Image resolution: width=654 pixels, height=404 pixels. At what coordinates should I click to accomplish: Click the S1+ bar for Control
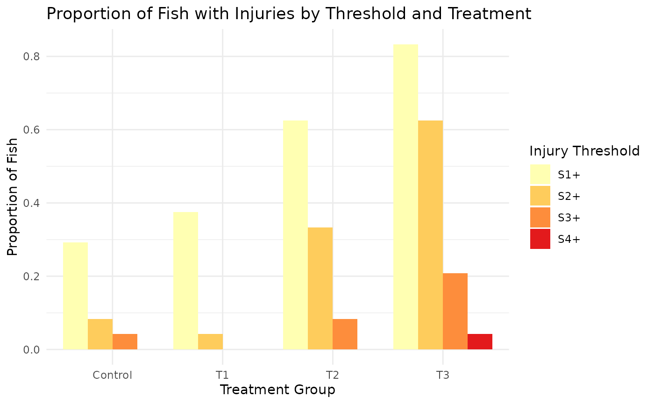click(75, 296)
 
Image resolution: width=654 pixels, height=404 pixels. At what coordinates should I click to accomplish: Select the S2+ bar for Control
click(100, 334)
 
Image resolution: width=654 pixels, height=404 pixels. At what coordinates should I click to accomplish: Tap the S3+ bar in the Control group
click(125, 341)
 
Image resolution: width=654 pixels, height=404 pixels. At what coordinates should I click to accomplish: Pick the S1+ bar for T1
click(185, 280)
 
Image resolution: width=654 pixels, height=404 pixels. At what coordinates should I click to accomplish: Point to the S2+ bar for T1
click(210, 341)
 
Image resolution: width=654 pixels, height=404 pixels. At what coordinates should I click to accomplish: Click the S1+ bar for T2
click(296, 234)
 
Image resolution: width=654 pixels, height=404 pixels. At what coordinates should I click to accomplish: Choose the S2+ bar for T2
click(320, 288)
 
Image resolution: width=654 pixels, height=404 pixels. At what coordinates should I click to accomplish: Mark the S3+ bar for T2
click(345, 334)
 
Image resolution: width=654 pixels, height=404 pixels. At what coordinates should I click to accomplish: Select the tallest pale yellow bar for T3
click(405, 197)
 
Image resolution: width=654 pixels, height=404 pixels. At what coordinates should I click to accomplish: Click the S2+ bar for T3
click(430, 234)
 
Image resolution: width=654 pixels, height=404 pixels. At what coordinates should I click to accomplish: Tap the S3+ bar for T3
click(455, 311)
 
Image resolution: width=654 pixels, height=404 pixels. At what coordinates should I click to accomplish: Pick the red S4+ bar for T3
click(480, 341)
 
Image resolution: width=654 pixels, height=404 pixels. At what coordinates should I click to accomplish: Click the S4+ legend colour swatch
click(540, 239)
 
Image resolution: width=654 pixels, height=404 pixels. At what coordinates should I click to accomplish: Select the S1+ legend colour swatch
click(540, 175)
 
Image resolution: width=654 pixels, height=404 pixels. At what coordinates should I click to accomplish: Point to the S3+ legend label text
click(569, 218)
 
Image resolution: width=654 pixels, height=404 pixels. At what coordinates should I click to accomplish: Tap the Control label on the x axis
click(112, 375)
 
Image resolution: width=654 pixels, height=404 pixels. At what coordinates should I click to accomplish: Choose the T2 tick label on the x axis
click(333, 375)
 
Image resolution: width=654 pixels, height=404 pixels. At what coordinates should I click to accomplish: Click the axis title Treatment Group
click(277, 390)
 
